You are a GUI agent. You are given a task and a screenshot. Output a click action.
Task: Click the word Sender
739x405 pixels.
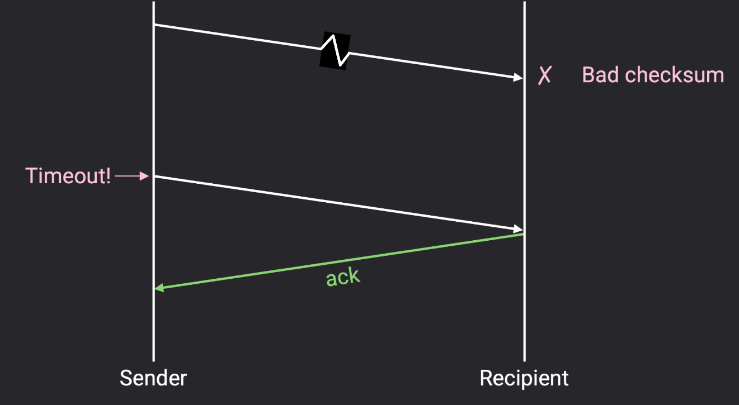click(153, 378)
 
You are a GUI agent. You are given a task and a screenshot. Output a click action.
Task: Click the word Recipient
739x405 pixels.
click(524, 378)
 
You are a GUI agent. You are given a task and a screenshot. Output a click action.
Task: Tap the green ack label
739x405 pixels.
click(343, 277)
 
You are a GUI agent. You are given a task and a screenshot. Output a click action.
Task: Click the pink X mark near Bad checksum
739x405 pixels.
click(544, 75)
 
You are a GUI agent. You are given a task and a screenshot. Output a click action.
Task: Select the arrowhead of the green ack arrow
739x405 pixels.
click(159, 288)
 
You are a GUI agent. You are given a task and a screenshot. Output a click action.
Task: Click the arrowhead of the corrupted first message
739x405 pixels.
click(518, 78)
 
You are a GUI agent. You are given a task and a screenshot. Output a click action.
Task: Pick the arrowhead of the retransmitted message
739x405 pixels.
click(518, 229)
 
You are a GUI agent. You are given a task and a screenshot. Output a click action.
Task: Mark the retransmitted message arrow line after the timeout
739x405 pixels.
click(336, 203)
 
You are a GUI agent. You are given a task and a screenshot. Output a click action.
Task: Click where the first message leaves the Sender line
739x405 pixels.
click(154, 25)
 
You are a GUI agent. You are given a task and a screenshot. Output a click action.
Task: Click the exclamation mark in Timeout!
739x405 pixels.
click(108, 176)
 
